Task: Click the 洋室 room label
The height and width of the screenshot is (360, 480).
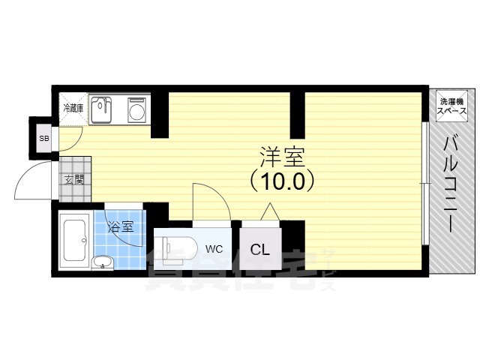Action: [x=282, y=157]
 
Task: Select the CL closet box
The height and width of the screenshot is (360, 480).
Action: [x=261, y=249]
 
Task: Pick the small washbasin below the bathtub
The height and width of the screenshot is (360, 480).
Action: [x=102, y=262]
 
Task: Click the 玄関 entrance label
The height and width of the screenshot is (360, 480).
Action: [x=73, y=179]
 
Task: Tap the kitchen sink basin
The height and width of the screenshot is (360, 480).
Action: [x=101, y=111]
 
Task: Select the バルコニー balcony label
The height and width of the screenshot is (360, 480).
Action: [x=451, y=184]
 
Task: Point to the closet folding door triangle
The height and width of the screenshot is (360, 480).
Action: [x=269, y=213]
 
